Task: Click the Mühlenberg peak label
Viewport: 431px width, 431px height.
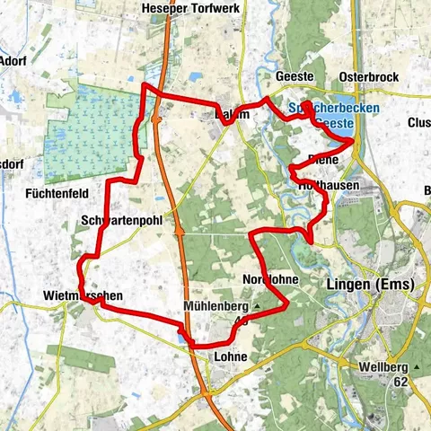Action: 215,305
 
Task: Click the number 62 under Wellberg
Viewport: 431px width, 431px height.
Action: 400,381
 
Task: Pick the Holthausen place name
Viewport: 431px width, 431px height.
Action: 328,185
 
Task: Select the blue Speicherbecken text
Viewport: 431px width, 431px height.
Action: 333,109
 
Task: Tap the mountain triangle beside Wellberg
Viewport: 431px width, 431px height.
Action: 418,367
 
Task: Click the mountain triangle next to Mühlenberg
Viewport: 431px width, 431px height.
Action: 256,305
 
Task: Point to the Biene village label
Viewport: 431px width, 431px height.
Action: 322,159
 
